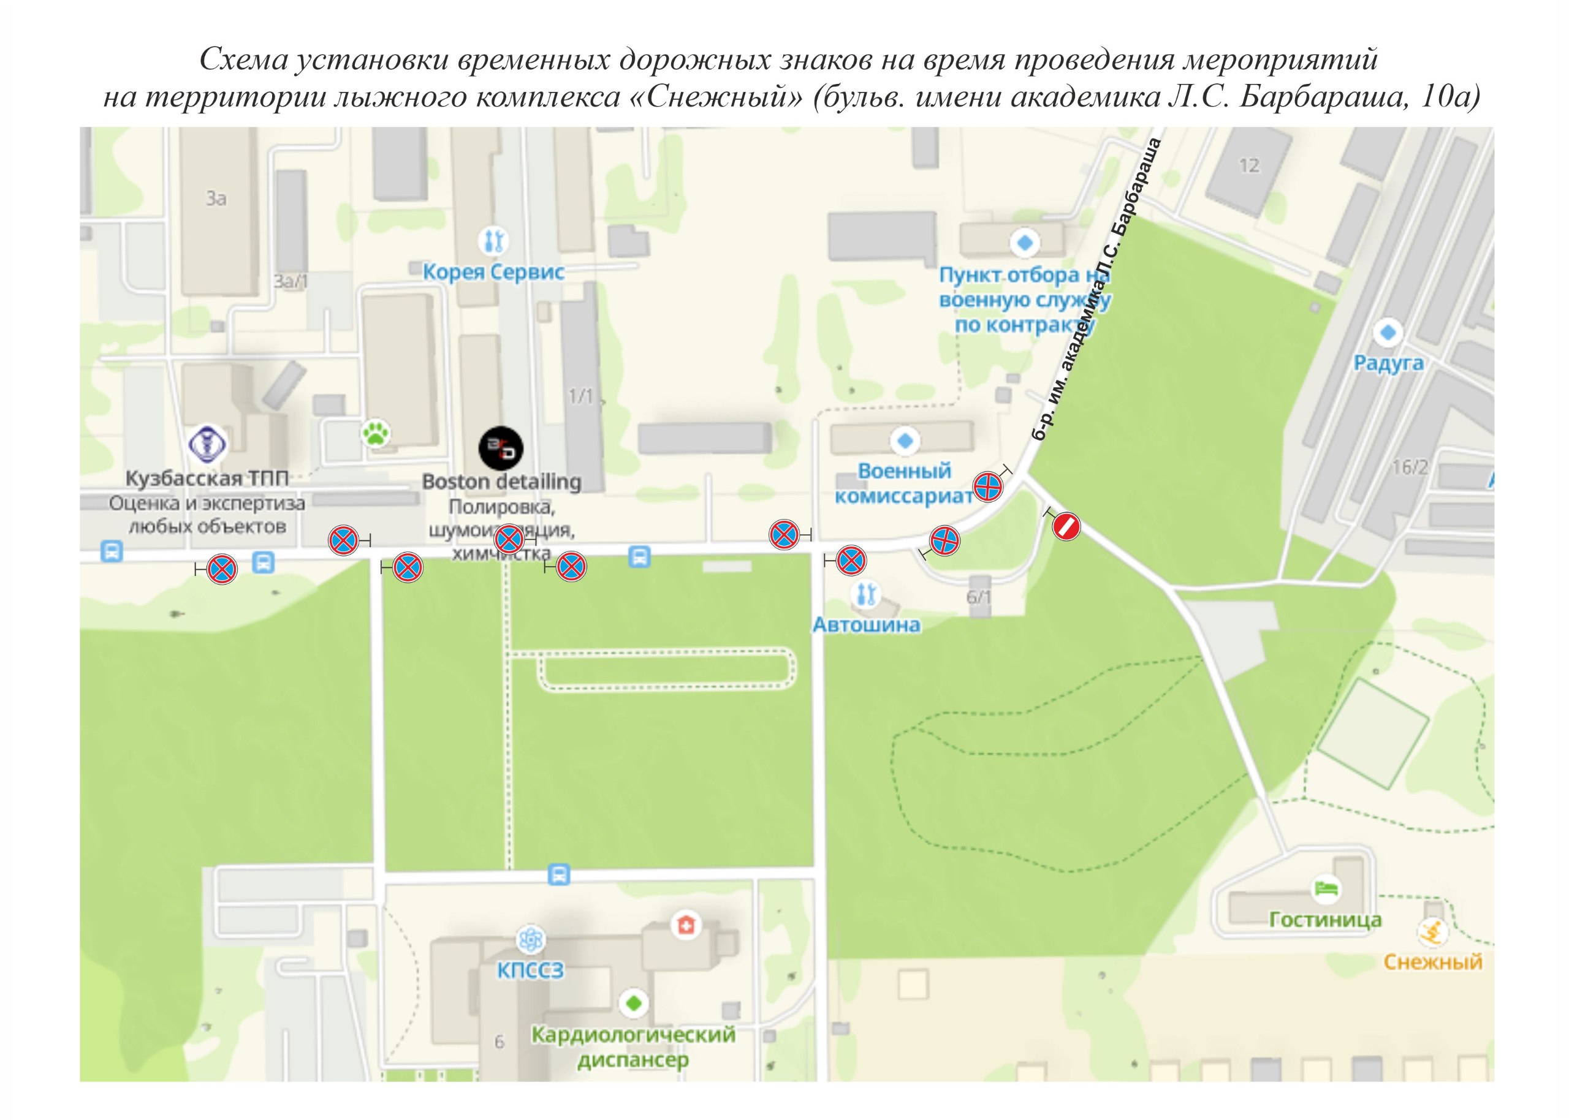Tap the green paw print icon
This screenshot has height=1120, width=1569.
pyautogui.click(x=376, y=434)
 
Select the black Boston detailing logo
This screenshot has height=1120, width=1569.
pyautogui.click(x=501, y=448)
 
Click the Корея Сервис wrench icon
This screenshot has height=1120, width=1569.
pyautogui.click(x=493, y=241)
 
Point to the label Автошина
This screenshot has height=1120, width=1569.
pyautogui.click(x=866, y=625)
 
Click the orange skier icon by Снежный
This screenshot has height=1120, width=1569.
pyautogui.click(x=1432, y=933)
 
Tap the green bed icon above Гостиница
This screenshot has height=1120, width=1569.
pyautogui.click(x=1326, y=888)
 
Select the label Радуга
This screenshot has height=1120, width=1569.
pyautogui.click(x=1388, y=363)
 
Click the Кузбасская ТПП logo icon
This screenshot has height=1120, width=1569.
pyautogui.click(x=208, y=443)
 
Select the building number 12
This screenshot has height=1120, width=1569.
pyautogui.click(x=1249, y=165)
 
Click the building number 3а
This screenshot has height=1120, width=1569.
pyautogui.click(x=216, y=199)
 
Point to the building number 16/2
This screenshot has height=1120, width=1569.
pyautogui.click(x=1410, y=467)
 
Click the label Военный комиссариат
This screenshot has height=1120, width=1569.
pyautogui.click(x=903, y=483)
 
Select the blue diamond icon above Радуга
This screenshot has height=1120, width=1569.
pyautogui.click(x=1388, y=333)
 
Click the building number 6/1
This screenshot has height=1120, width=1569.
pyautogui.click(x=979, y=597)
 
